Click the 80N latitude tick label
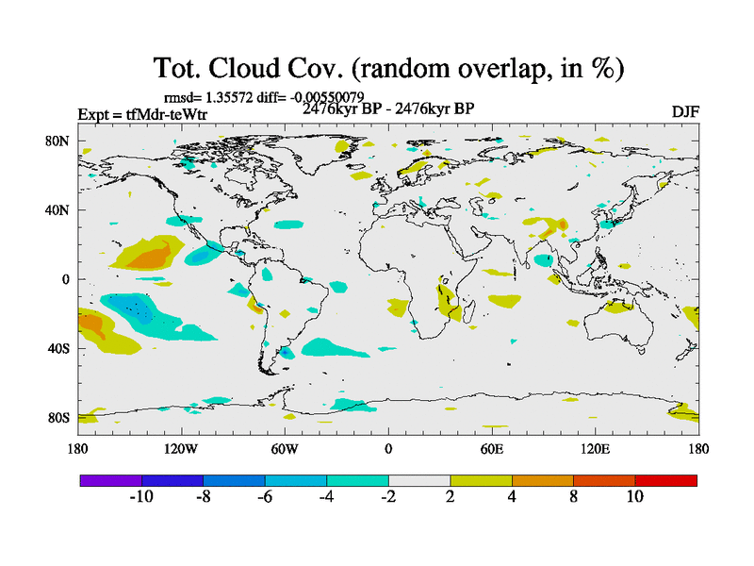pyautogui.click(x=57, y=141)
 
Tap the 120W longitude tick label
pyautogui.click(x=180, y=449)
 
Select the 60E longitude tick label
pyautogui.click(x=491, y=449)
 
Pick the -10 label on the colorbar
pyautogui.click(x=141, y=497)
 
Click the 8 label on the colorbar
pyautogui.click(x=573, y=497)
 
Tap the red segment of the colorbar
pyautogui.click(x=665, y=480)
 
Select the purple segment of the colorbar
pyautogui.click(x=111, y=480)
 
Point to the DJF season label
pyautogui.click(x=685, y=112)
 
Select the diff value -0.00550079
pyautogui.click(x=325, y=96)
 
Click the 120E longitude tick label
pyautogui.click(x=595, y=449)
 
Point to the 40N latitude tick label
pyautogui.click(x=57, y=209)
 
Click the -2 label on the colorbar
pyautogui.click(x=388, y=497)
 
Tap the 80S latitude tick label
pyautogui.click(x=58, y=417)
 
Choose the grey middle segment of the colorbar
pyautogui.click(x=419, y=480)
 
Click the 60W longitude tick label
pyautogui.click(x=284, y=449)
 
